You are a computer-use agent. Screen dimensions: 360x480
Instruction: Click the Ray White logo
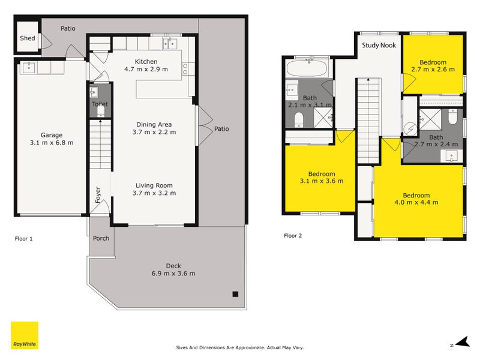coord(25,335)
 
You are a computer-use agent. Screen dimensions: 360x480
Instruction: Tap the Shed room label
coord(28,38)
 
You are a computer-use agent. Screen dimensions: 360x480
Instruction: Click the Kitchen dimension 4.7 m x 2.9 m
coord(146,69)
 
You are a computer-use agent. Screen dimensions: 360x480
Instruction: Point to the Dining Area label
coord(154,124)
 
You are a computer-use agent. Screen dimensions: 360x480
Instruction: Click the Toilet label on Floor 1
coord(100,104)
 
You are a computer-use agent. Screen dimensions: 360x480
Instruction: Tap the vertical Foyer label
coord(98,194)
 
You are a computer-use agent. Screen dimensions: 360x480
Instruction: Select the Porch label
coord(101,238)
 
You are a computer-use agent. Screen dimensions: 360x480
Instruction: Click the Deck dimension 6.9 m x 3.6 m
coord(173,274)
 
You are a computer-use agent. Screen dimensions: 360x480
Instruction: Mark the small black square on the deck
coord(236,294)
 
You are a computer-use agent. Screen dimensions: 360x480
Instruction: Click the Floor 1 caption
coord(23,238)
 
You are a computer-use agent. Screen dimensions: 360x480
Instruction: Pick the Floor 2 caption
coord(293,235)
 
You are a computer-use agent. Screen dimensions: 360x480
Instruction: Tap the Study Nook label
coord(379,46)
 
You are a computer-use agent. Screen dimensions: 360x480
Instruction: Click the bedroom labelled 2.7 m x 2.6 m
coord(433,66)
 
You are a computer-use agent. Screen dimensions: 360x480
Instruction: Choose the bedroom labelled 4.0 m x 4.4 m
coord(416,199)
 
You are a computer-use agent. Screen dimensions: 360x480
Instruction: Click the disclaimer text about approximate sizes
coord(240,347)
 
